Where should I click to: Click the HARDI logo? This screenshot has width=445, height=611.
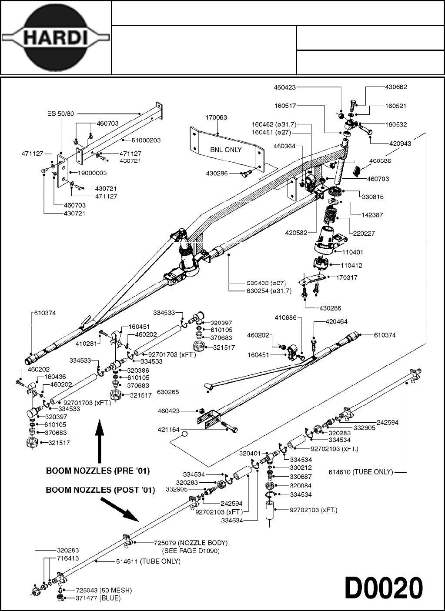click(55, 38)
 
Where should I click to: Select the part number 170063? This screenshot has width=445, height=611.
click(216, 117)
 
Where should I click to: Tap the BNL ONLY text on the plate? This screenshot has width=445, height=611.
click(226, 150)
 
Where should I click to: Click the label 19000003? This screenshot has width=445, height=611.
click(92, 173)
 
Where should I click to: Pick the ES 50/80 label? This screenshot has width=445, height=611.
click(60, 114)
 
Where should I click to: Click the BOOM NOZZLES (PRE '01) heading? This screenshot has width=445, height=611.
click(100, 471)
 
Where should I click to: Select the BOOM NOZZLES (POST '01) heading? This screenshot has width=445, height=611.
click(100, 490)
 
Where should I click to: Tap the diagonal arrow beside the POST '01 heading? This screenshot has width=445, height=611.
click(120, 508)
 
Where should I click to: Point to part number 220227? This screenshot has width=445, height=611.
click(364, 233)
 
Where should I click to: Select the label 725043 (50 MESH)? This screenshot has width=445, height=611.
click(104, 590)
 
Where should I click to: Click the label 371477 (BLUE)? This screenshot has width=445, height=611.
click(98, 598)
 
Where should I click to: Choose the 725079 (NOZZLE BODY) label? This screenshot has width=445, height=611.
click(191, 543)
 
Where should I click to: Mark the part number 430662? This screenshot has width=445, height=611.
click(396, 87)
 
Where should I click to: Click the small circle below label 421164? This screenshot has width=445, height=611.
click(184, 434)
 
